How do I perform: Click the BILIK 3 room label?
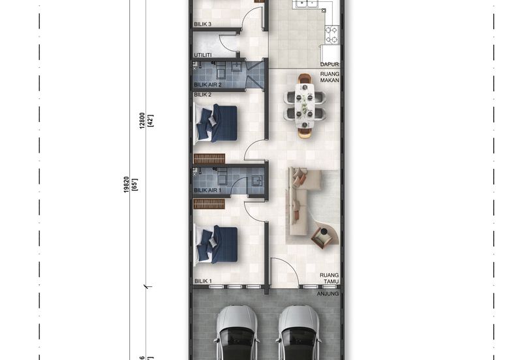(202, 24)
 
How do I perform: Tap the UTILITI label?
(203, 55)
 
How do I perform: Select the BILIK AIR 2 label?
(207, 85)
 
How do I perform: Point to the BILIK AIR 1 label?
(207, 190)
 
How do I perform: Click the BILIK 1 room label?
(203, 281)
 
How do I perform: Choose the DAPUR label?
(330, 64)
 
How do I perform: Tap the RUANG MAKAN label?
(330, 77)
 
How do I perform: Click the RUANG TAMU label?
(330, 278)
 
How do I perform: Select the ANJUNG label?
(328, 293)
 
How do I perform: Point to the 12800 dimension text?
(142, 121)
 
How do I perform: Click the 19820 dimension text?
(126, 185)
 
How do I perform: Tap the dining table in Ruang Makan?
(305, 106)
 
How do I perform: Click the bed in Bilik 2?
(216, 123)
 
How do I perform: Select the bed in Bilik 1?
(216, 244)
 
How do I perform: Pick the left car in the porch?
(237, 333)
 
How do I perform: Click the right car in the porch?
(299, 333)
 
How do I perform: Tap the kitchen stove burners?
(332, 35)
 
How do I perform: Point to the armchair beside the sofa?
(322, 237)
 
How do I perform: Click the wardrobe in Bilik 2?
(209, 158)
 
